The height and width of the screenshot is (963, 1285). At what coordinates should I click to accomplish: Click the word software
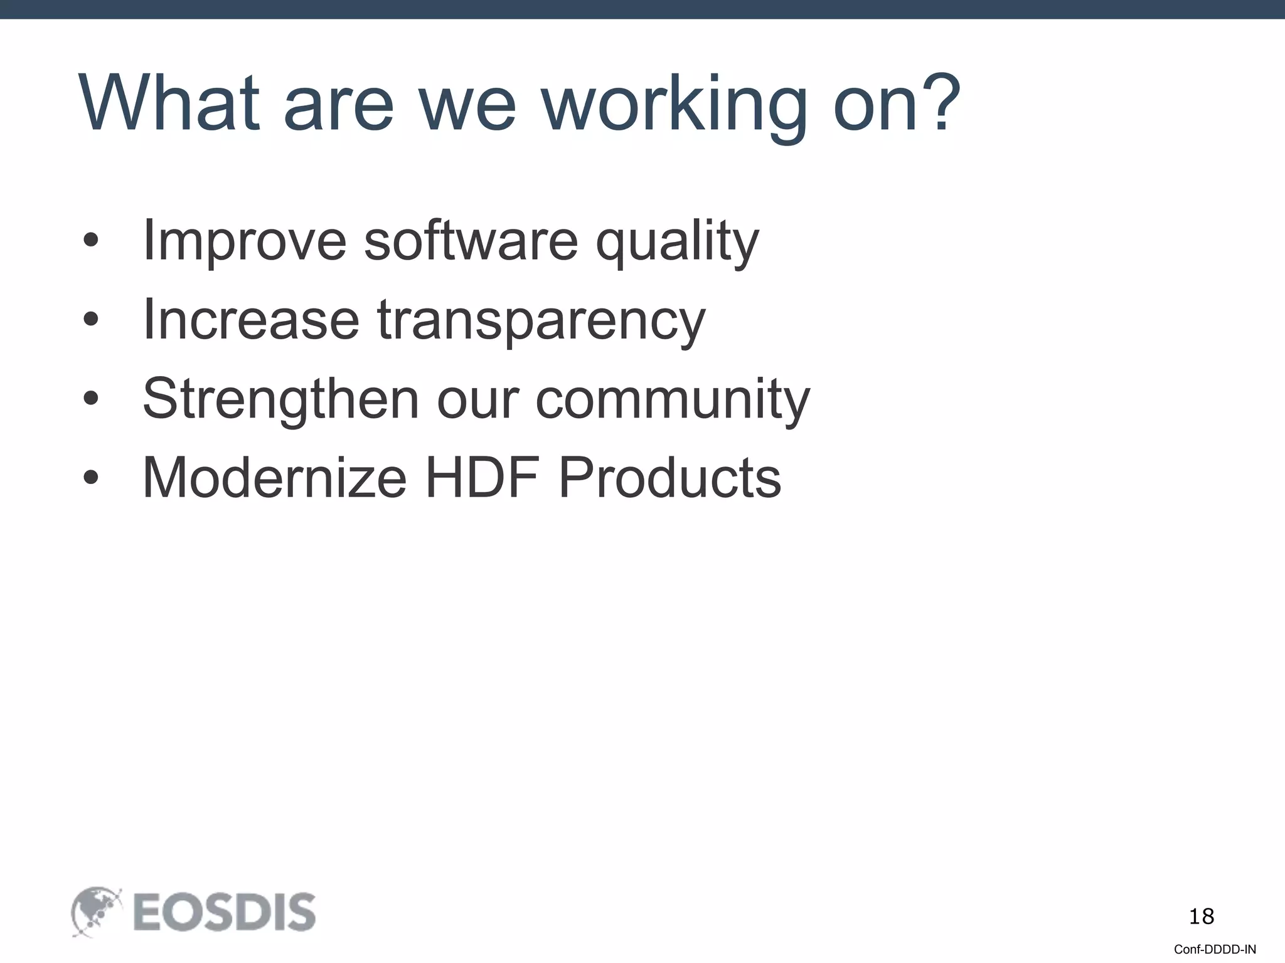point(471,241)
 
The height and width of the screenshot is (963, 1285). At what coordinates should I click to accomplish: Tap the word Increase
point(251,320)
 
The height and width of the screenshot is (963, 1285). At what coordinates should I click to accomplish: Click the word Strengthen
point(280,399)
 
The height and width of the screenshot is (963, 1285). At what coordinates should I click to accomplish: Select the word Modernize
point(275,478)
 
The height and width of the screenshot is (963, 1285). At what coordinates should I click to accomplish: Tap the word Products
point(669,478)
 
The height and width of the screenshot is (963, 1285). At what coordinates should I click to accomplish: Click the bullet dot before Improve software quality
point(91,241)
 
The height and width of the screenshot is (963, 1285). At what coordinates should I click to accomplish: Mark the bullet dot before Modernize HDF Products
point(91,478)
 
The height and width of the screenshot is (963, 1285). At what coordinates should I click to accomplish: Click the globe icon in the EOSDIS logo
point(95,912)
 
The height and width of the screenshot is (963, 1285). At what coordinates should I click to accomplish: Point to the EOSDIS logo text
point(224,913)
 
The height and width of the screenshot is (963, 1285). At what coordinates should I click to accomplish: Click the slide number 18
point(1201,917)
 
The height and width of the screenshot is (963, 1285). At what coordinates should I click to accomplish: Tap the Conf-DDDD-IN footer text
point(1215,949)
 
